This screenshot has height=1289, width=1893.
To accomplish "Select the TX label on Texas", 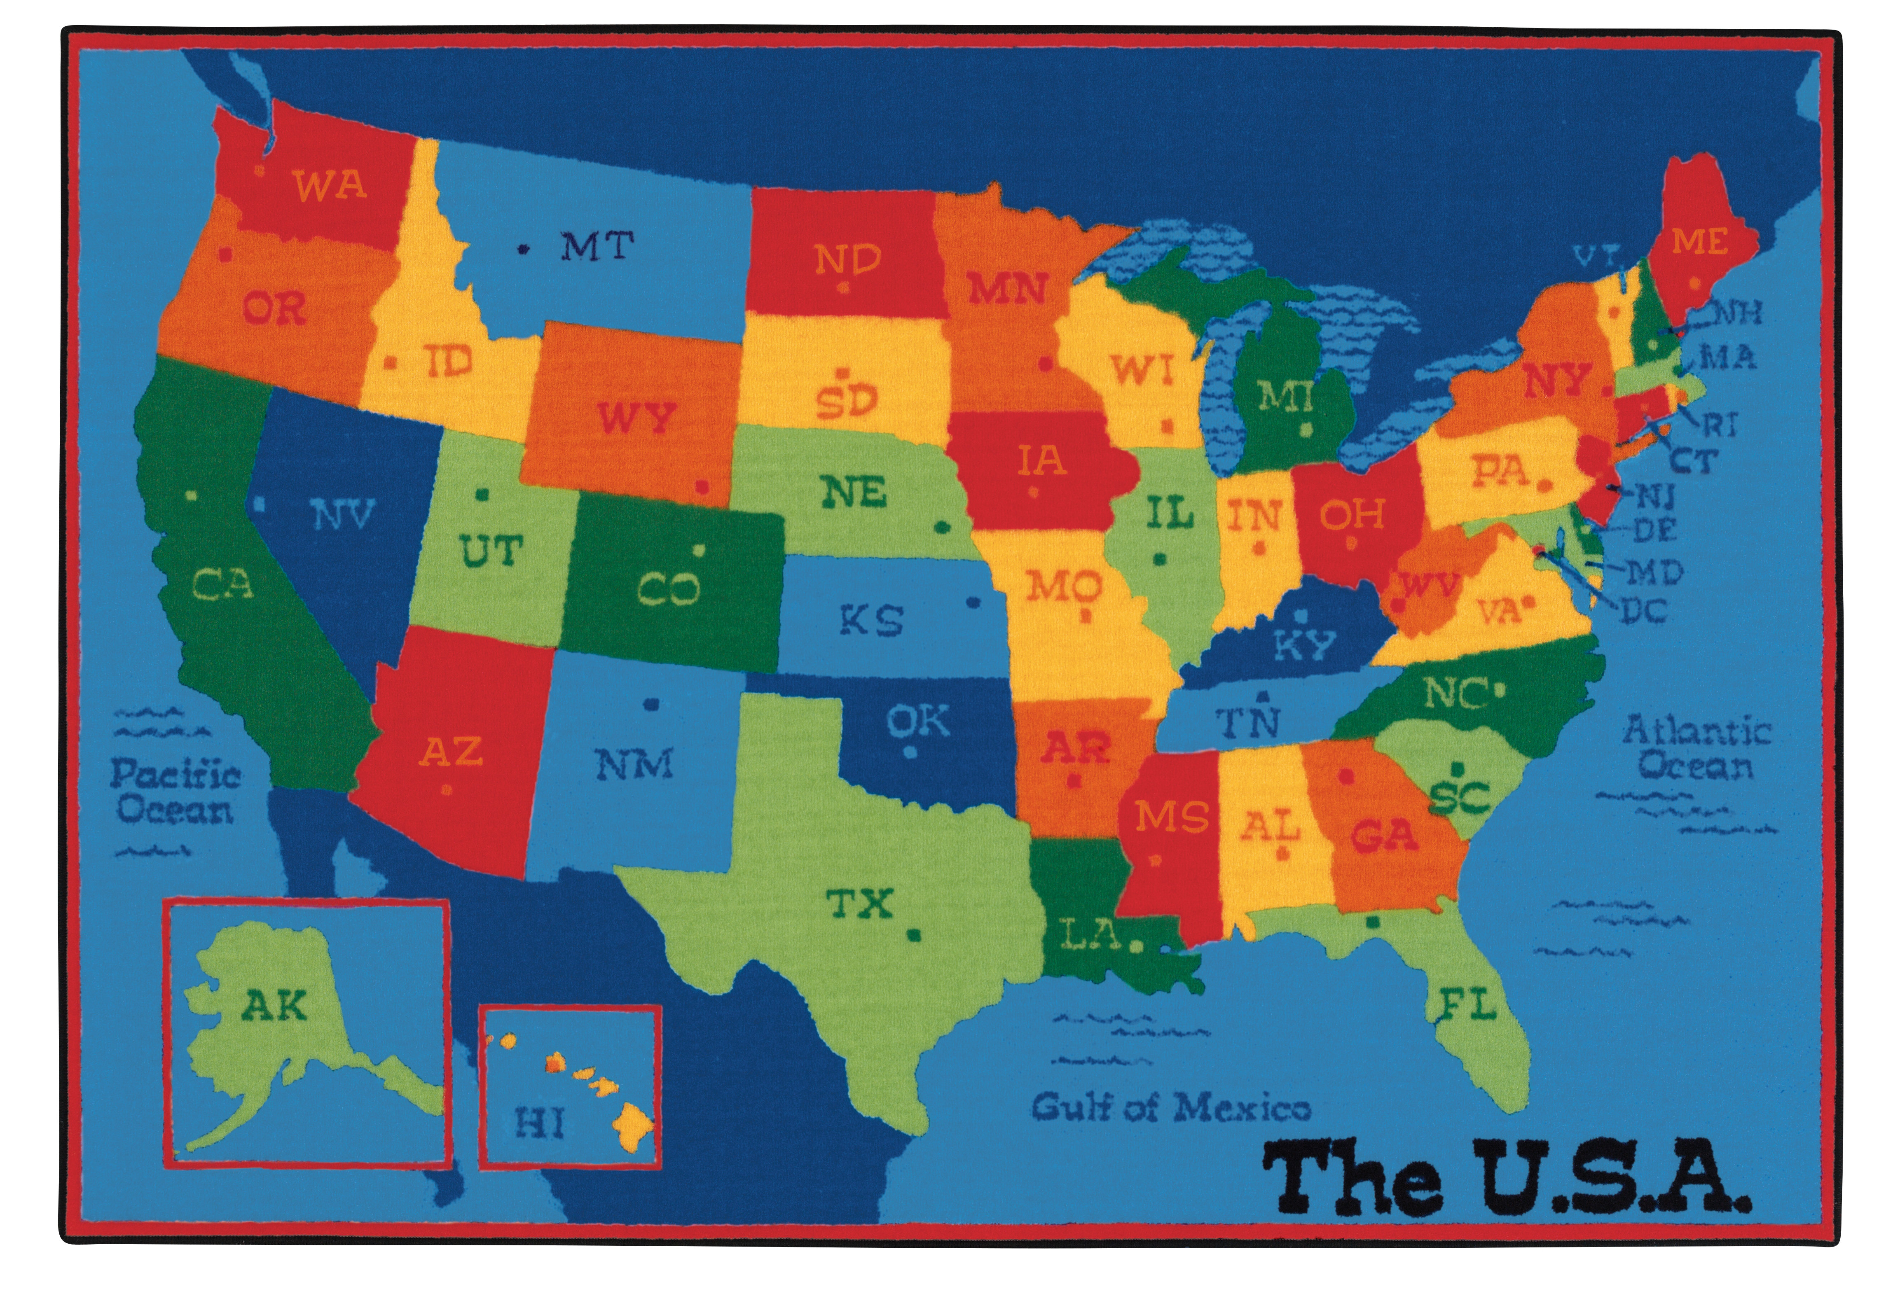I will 861,903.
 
